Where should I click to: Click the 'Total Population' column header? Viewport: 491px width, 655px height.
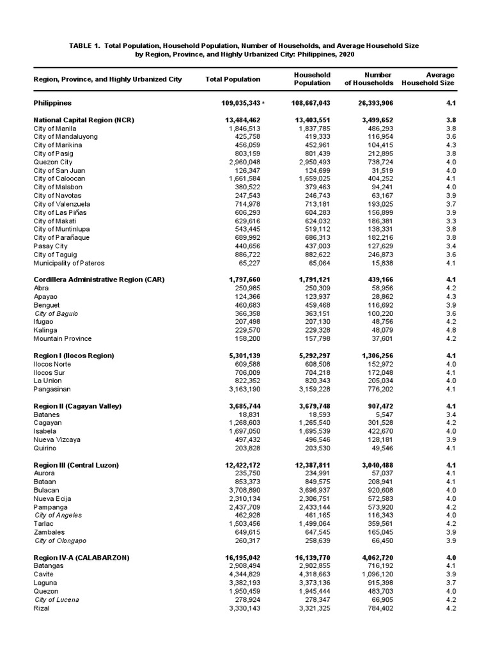[x=233, y=79]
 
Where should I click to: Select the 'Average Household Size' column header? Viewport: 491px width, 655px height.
[x=428, y=79]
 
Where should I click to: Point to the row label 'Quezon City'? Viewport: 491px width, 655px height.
[x=53, y=162]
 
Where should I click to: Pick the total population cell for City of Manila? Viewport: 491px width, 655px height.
[x=243, y=129]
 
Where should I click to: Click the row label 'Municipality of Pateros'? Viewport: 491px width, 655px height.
[x=68, y=263]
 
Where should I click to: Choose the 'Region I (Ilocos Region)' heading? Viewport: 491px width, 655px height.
[x=74, y=355]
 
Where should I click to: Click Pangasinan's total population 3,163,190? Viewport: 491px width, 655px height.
[x=243, y=389]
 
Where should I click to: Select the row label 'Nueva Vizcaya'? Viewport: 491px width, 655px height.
[x=55, y=439]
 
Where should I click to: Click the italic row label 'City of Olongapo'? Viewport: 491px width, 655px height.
[x=61, y=541]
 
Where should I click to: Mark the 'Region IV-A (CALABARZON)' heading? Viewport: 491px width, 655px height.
[x=81, y=558]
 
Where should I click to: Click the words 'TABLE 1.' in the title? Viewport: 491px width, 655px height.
[x=88, y=46]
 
